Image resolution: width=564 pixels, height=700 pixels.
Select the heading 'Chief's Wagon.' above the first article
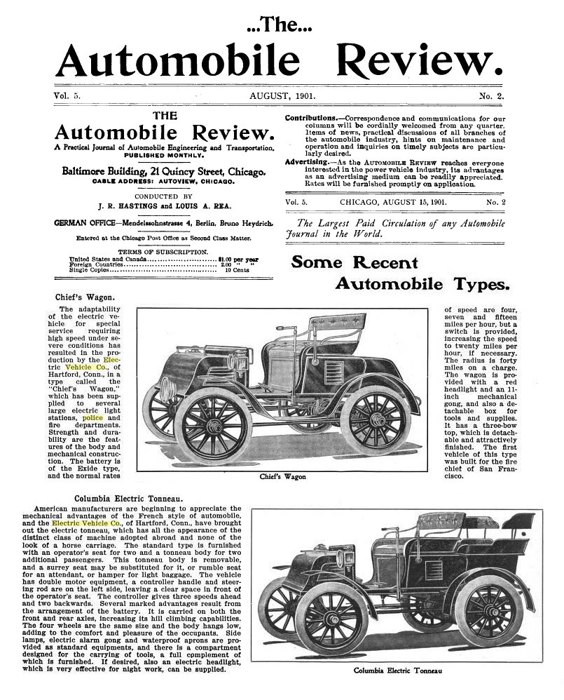point(85,297)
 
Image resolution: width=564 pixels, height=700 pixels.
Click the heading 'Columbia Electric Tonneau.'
point(129,498)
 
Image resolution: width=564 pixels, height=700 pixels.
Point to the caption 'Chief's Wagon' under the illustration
point(282,476)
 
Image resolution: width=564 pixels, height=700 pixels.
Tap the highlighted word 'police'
point(92,418)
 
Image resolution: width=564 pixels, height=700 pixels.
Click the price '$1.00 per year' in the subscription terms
point(238,259)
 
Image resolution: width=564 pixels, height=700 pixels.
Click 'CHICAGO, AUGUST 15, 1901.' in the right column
point(393,202)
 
